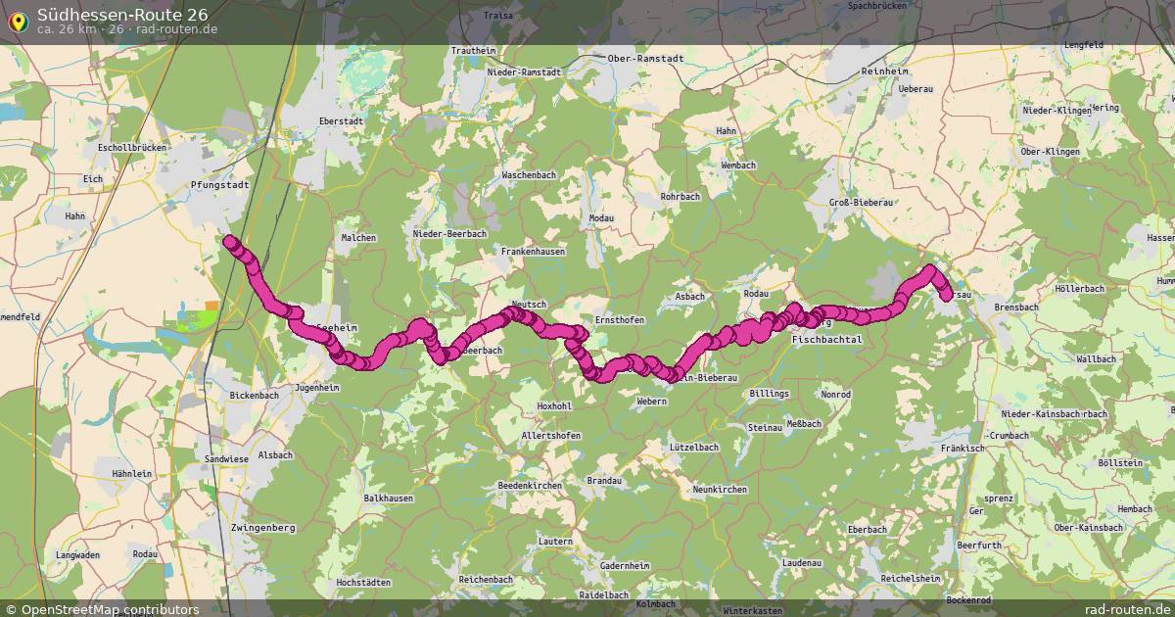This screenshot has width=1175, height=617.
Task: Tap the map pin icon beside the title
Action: pos(18,20)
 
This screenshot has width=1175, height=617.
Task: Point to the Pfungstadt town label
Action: pos(220,184)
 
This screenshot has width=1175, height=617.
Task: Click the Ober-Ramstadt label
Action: pos(646,58)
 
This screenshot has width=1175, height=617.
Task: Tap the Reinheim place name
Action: pos(885,72)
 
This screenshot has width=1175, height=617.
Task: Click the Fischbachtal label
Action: pos(826,339)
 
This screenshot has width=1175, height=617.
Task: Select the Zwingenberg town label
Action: pos(262,528)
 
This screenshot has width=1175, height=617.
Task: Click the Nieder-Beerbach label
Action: pos(449,234)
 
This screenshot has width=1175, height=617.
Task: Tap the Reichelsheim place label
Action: pos(912,579)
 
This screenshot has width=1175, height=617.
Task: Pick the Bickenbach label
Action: pos(254,395)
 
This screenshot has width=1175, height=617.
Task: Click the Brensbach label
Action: pos(1015,308)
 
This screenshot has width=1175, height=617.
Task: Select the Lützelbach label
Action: pos(694,447)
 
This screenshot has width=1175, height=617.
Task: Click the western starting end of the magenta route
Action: pos(229,241)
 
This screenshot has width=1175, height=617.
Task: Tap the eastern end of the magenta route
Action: pos(946,295)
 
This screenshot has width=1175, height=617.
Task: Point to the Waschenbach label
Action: pos(529,174)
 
